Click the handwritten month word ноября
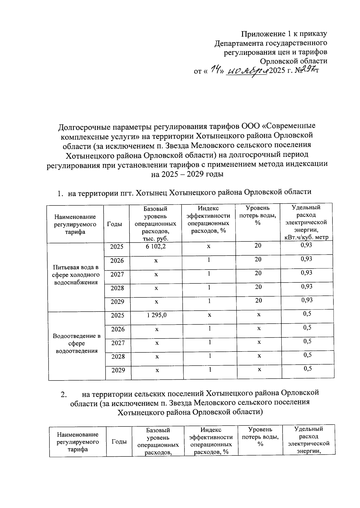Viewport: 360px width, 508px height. pyautogui.click(x=247, y=71)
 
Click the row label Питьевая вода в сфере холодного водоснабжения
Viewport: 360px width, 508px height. pyautogui.click(x=76, y=275)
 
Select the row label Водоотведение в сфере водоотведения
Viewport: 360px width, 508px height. pyautogui.click(x=76, y=343)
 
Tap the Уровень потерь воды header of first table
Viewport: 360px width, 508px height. pyautogui.click(x=258, y=215)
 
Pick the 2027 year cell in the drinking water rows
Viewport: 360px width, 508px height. pyautogui.click(x=117, y=274)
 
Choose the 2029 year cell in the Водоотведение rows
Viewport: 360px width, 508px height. pyautogui.click(x=118, y=370)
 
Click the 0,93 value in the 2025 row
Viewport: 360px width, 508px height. pyautogui.click(x=306, y=245)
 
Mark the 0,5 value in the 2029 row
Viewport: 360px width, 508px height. pyautogui.click(x=307, y=369)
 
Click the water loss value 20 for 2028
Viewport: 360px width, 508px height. pyautogui.click(x=258, y=287)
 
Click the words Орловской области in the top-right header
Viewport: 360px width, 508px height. pyautogui.click(x=293, y=61)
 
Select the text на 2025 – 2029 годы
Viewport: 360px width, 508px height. pyautogui.click(x=187, y=174)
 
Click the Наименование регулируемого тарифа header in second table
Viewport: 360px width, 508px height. pyautogui.click(x=78, y=442)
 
